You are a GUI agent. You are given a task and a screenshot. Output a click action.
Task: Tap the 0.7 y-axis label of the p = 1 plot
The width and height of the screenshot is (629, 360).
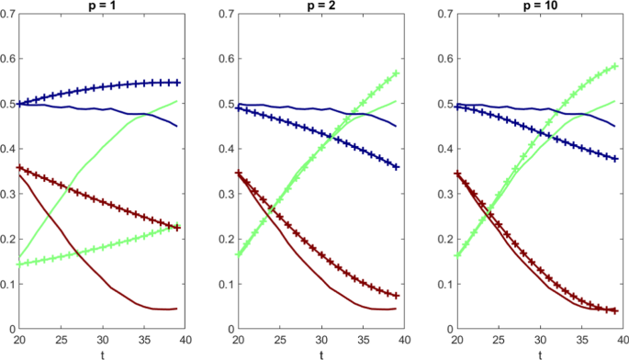click(7, 15)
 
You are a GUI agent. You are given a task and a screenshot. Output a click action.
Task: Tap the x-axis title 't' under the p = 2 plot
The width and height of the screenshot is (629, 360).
click(321, 354)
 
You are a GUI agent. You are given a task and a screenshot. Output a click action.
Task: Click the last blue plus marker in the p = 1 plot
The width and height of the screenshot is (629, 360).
click(177, 83)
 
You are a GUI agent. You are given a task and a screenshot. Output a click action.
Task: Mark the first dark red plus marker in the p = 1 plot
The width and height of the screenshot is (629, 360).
click(19, 168)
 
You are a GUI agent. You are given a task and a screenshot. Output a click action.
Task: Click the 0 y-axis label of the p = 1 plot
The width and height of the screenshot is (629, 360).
click(11, 329)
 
